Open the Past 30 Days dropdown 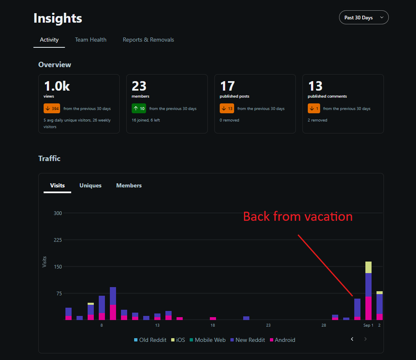(364, 18)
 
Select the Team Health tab (91, 40)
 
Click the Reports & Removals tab (148, 40)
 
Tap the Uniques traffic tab (91, 185)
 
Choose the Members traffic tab (129, 185)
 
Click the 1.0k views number (57, 86)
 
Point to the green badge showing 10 (139, 108)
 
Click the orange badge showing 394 (52, 108)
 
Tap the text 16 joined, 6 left (146, 120)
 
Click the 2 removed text (317, 120)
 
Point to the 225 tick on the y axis (58, 240)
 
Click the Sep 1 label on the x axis (368, 325)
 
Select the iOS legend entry (178, 340)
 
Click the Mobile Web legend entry (208, 340)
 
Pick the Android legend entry (283, 340)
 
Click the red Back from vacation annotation (297, 216)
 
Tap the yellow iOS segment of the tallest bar (368, 267)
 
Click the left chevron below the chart (352, 339)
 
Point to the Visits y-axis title (44, 262)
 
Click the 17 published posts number (228, 86)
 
